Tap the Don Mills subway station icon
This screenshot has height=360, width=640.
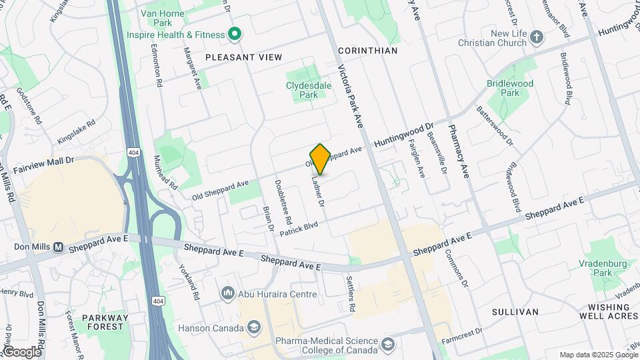[59, 247]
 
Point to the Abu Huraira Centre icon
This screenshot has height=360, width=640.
[227, 293]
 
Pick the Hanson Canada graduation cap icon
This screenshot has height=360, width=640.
[253, 327]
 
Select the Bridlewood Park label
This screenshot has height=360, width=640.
[510, 88]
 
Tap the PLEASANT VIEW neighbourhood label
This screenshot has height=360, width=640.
[243, 57]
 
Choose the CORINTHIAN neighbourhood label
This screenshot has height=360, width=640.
[367, 51]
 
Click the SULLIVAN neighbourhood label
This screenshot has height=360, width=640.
[515, 311]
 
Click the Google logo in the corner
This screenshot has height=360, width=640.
[21, 351]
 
